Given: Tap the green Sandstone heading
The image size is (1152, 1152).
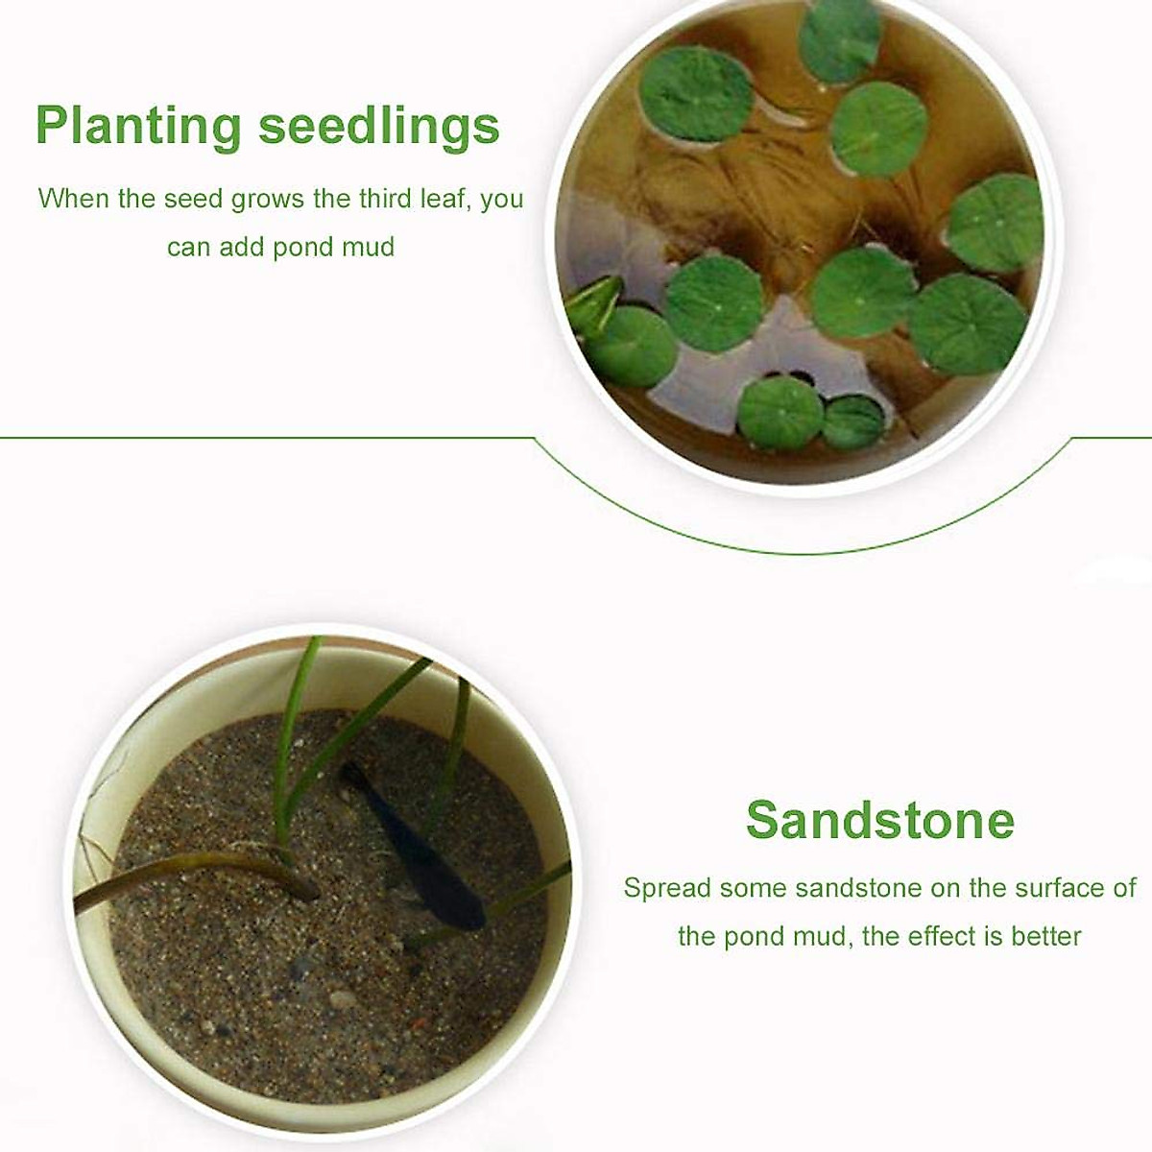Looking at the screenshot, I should pos(879,820).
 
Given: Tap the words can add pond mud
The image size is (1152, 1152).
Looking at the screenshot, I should pos(280,247).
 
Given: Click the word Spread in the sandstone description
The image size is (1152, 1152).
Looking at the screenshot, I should pos(666,887).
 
